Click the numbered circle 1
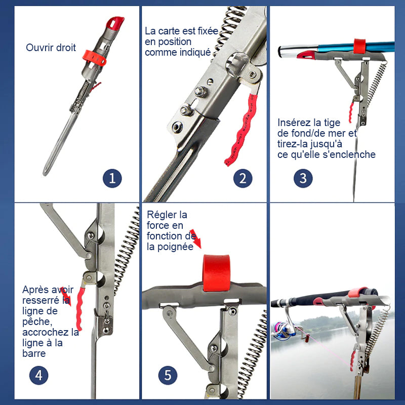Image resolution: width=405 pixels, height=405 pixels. point(112,178)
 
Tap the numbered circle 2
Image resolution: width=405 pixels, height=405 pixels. point(243,178)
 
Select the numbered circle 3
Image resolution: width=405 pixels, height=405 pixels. point(303,178)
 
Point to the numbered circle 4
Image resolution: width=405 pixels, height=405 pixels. point(39,375)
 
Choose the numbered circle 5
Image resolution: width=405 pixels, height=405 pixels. point(168,375)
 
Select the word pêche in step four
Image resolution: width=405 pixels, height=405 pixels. point(37,322)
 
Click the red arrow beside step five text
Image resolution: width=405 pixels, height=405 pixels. point(195,238)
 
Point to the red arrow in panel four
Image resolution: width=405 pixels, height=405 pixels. point(66,296)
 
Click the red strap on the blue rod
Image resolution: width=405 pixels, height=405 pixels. point(359,46)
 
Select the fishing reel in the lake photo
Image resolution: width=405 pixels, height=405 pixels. point(285,330)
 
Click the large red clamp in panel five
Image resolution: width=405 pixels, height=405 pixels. point(216,273)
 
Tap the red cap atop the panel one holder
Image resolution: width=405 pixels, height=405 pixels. point(115,23)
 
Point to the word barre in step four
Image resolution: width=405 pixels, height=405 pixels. point(34,353)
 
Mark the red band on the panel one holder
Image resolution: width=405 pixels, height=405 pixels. point(94,58)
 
